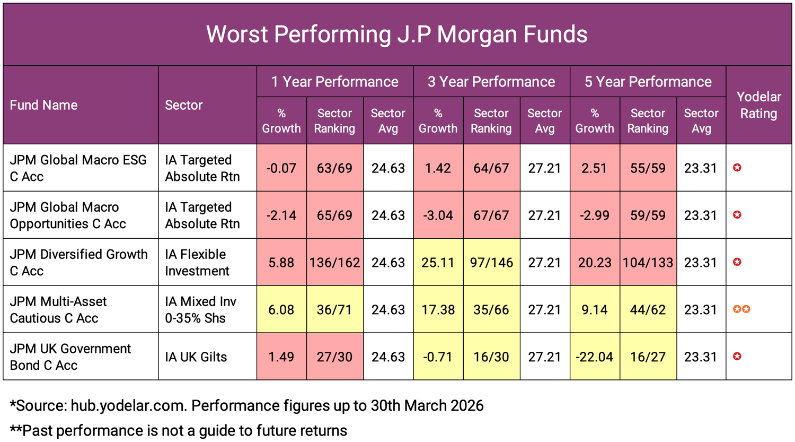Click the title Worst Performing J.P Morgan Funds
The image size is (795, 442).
pyautogui.click(x=396, y=34)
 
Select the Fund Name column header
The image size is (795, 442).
pyautogui.click(x=43, y=105)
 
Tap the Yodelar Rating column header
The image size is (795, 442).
pyautogui.click(x=758, y=105)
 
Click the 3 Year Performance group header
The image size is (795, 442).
pyautogui.click(x=491, y=82)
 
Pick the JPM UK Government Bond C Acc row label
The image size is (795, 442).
pyautogui.click(x=70, y=357)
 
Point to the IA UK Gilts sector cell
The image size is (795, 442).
pyautogui.click(x=196, y=357)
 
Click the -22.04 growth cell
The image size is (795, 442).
pyautogui.click(x=594, y=357)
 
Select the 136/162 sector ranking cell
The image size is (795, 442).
pyautogui.click(x=334, y=263)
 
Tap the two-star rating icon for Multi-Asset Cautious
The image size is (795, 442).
pyautogui.click(x=741, y=309)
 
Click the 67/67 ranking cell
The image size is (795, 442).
pyautogui.click(x=491, y=215)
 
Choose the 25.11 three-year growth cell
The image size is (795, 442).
pyautogui.click(x=438, y=263)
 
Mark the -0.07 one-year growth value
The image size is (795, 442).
pyautogui.click(x=281, y=168)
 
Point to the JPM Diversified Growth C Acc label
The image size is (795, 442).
pyautogui.click(x=78, y=263)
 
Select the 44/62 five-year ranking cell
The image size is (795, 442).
pyautogui.click(x=648, y=310)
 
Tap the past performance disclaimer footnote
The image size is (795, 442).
pyautogui.click(x=179, y=430)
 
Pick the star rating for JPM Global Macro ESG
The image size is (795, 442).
pyautogui.click(x=737, y=168)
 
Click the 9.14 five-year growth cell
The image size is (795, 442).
pyautogui.click(x=594, y=310)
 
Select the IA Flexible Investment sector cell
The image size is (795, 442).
pyautogui.click(x=197, y=263)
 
